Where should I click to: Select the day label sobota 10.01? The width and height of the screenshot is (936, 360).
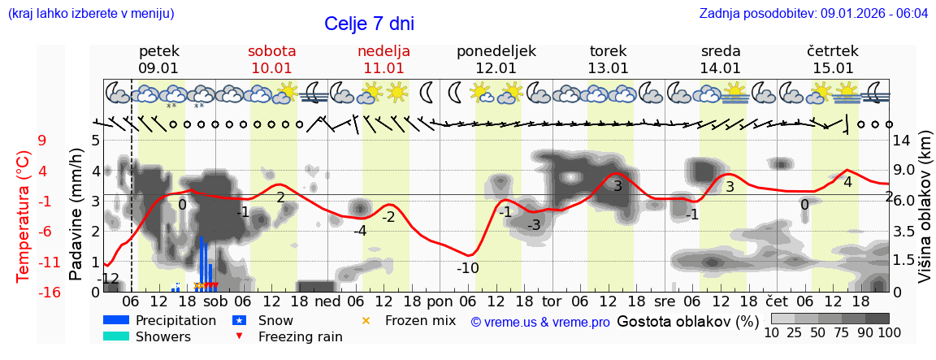[x=271, y=59]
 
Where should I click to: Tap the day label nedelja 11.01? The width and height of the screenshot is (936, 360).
[x=383, y=59]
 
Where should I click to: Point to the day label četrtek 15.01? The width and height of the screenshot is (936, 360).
[x=833, y=59]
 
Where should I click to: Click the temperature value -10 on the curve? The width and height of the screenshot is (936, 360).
[x=467, y=268]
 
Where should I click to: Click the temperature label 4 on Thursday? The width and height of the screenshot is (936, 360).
[x=847, y=182]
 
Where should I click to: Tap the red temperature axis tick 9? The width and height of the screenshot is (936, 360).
[x=42, y=141]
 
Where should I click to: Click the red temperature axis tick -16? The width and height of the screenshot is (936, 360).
[x=49, y=293]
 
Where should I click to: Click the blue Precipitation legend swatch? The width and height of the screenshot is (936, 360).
[x=115, y=320]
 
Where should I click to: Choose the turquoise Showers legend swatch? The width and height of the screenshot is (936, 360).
[x=115, y=336]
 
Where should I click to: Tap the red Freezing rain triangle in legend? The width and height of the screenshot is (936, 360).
[x=239, y=336]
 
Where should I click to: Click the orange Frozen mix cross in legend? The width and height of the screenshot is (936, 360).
[x=366, y=320]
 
